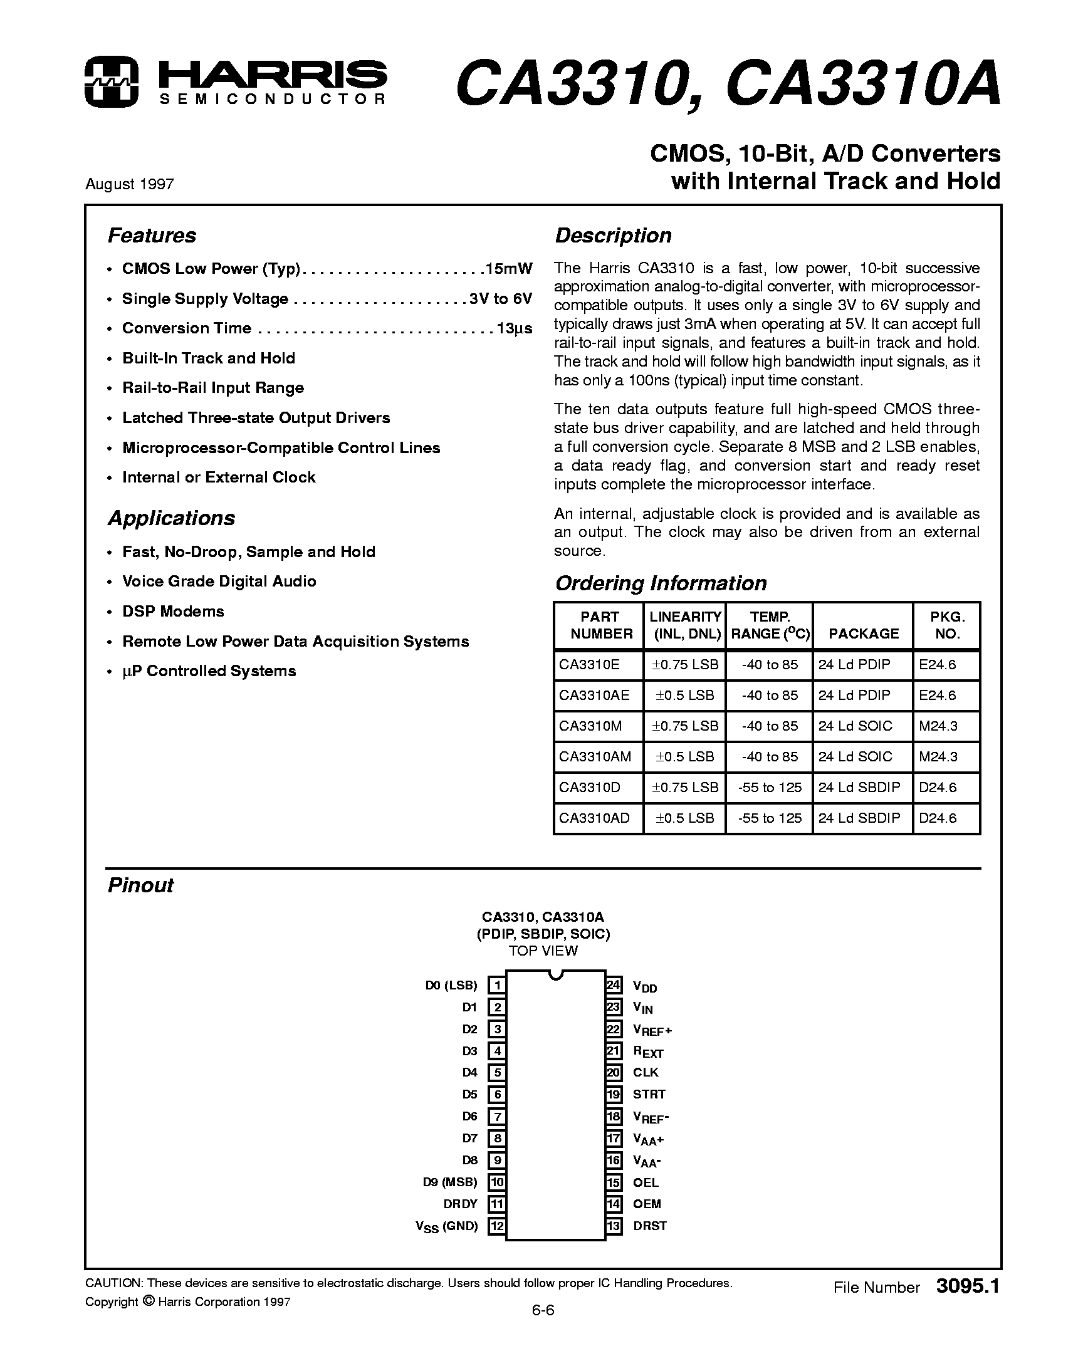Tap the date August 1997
click(129, 184)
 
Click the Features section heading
click(152, 236)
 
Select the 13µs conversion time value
click(515, 328)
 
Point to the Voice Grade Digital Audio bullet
click(219, 582)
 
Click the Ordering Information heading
click(661, 583)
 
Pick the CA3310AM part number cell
click(595, 756)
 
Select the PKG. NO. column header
click(947, 625)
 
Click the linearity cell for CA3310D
click(684, 787)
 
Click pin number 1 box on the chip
click(496, 986)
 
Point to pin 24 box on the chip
click(614, 985)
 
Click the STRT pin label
click(649, 1094)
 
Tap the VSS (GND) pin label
click(446, 1226)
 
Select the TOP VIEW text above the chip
click(543, 951)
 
